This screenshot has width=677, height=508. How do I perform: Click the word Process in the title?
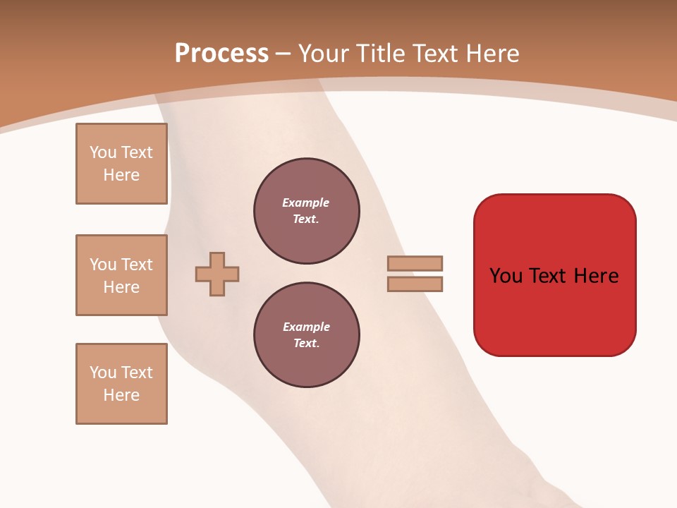coord(221,54)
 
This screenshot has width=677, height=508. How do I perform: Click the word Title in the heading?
coord(382,54)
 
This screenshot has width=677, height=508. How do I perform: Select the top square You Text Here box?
coord(121,164)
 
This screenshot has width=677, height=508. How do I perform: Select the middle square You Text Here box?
coord(121,275)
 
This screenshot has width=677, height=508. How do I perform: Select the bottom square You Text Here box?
coord(121,384)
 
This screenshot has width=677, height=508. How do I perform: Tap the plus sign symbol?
coord(217,274)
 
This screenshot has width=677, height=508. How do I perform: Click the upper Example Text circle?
coord(306,211)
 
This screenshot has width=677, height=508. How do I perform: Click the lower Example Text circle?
coord(306,335)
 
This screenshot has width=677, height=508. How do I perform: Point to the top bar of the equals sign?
coord(415,263)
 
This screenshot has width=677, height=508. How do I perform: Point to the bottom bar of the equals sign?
coord(415,284)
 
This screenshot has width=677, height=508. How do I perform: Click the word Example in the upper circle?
coord(305,202)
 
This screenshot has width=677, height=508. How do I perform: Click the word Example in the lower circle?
coord(306,327)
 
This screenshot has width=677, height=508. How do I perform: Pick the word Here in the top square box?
coord(121,175)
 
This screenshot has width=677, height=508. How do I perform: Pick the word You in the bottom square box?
coord(102,373)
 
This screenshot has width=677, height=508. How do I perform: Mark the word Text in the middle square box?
coord(136,265)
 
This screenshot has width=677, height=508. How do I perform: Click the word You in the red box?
coord(506,275)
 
